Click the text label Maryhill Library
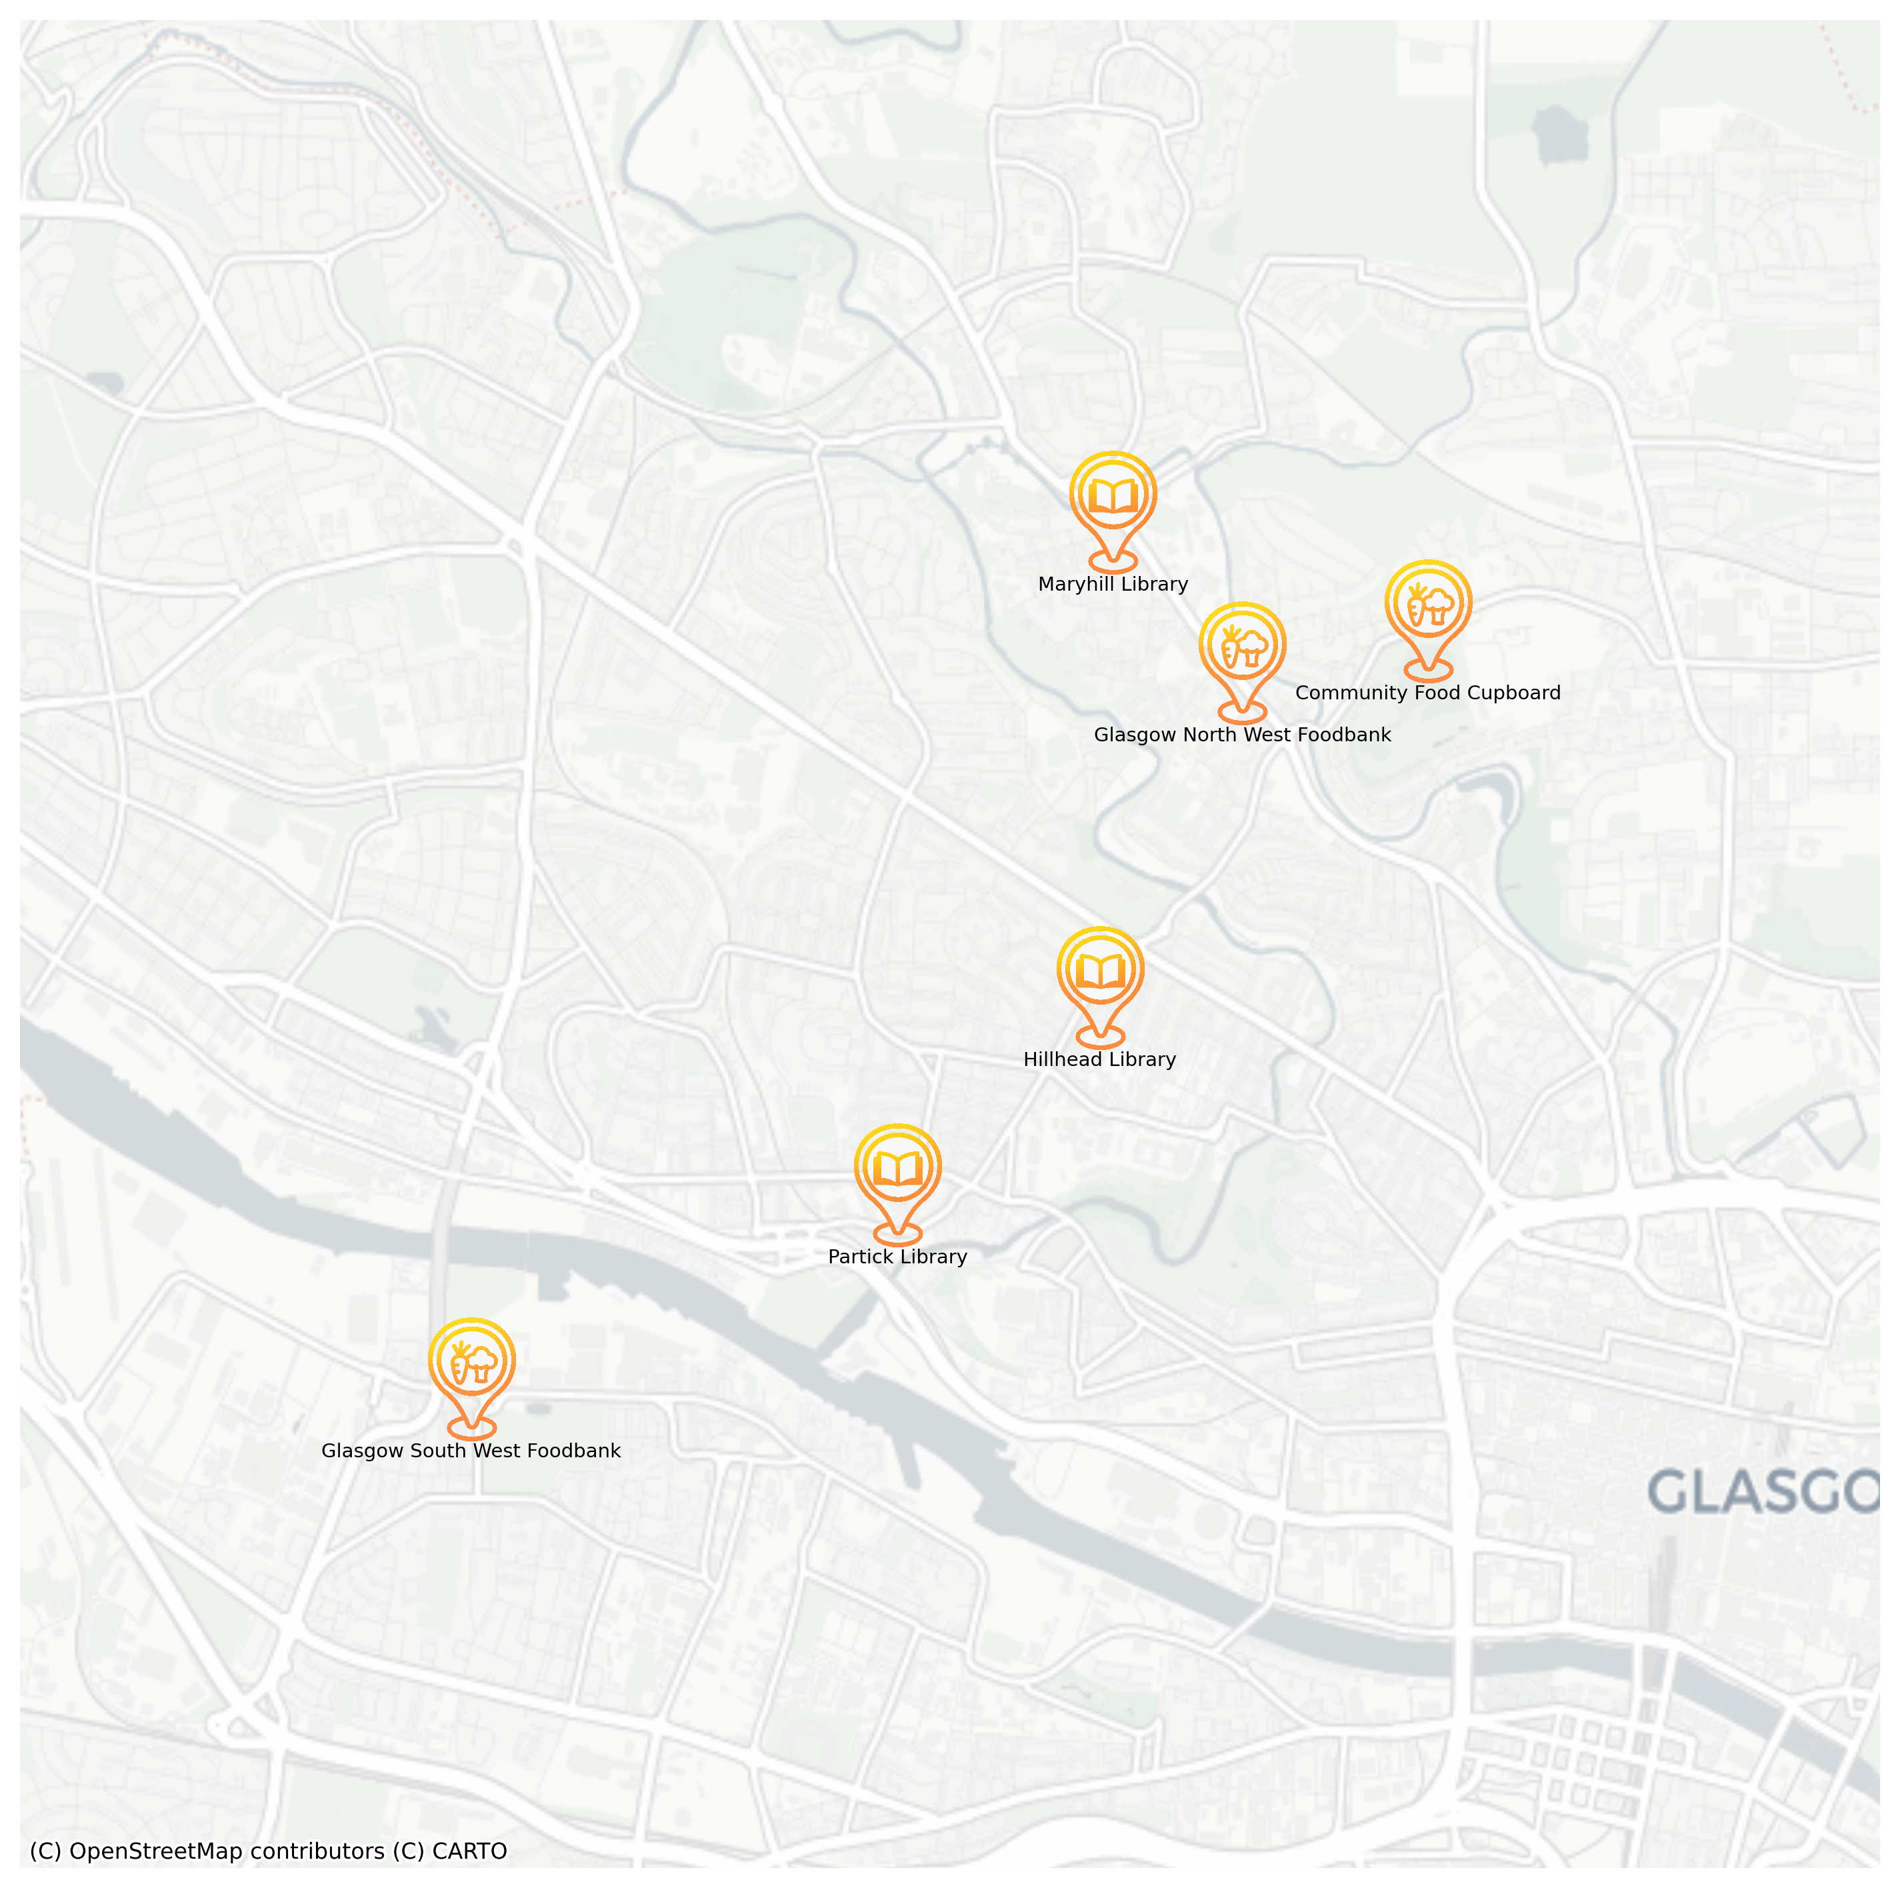pyautogui.click(x=1112, y=584)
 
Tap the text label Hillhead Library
pyautogui.click(x=1099, y=1059)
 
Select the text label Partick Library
pyautogui.click(x=897, y=1257)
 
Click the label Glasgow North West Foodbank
pyautogui.click(x=1242, y=735)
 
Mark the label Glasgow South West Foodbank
pyautogui.click(x=471, y=1451)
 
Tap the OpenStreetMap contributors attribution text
pyautogui.click(x=207, y=1851)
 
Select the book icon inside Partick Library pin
pyautogui.click(x=897, y=1168)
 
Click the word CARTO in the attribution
pyautogui.click(x=469, y=1851)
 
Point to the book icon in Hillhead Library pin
pyautogui.click(x=1099, y=971)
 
